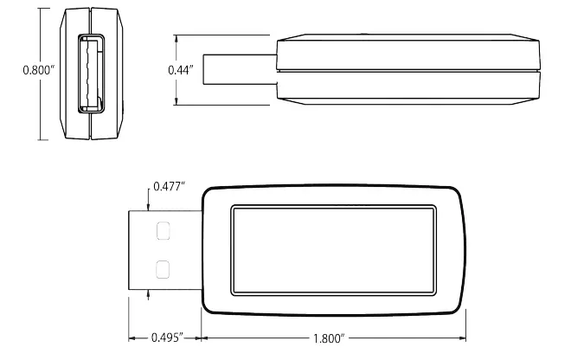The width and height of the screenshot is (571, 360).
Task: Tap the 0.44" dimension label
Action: [x=182, y=66]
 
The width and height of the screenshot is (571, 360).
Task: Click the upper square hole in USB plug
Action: [x=162, y=231]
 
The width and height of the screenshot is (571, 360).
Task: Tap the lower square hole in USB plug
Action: [x=162, y=269]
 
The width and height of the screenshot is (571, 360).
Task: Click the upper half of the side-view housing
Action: [x=407, y=52]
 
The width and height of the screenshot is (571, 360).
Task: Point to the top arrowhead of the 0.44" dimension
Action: [x=177, y=38]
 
